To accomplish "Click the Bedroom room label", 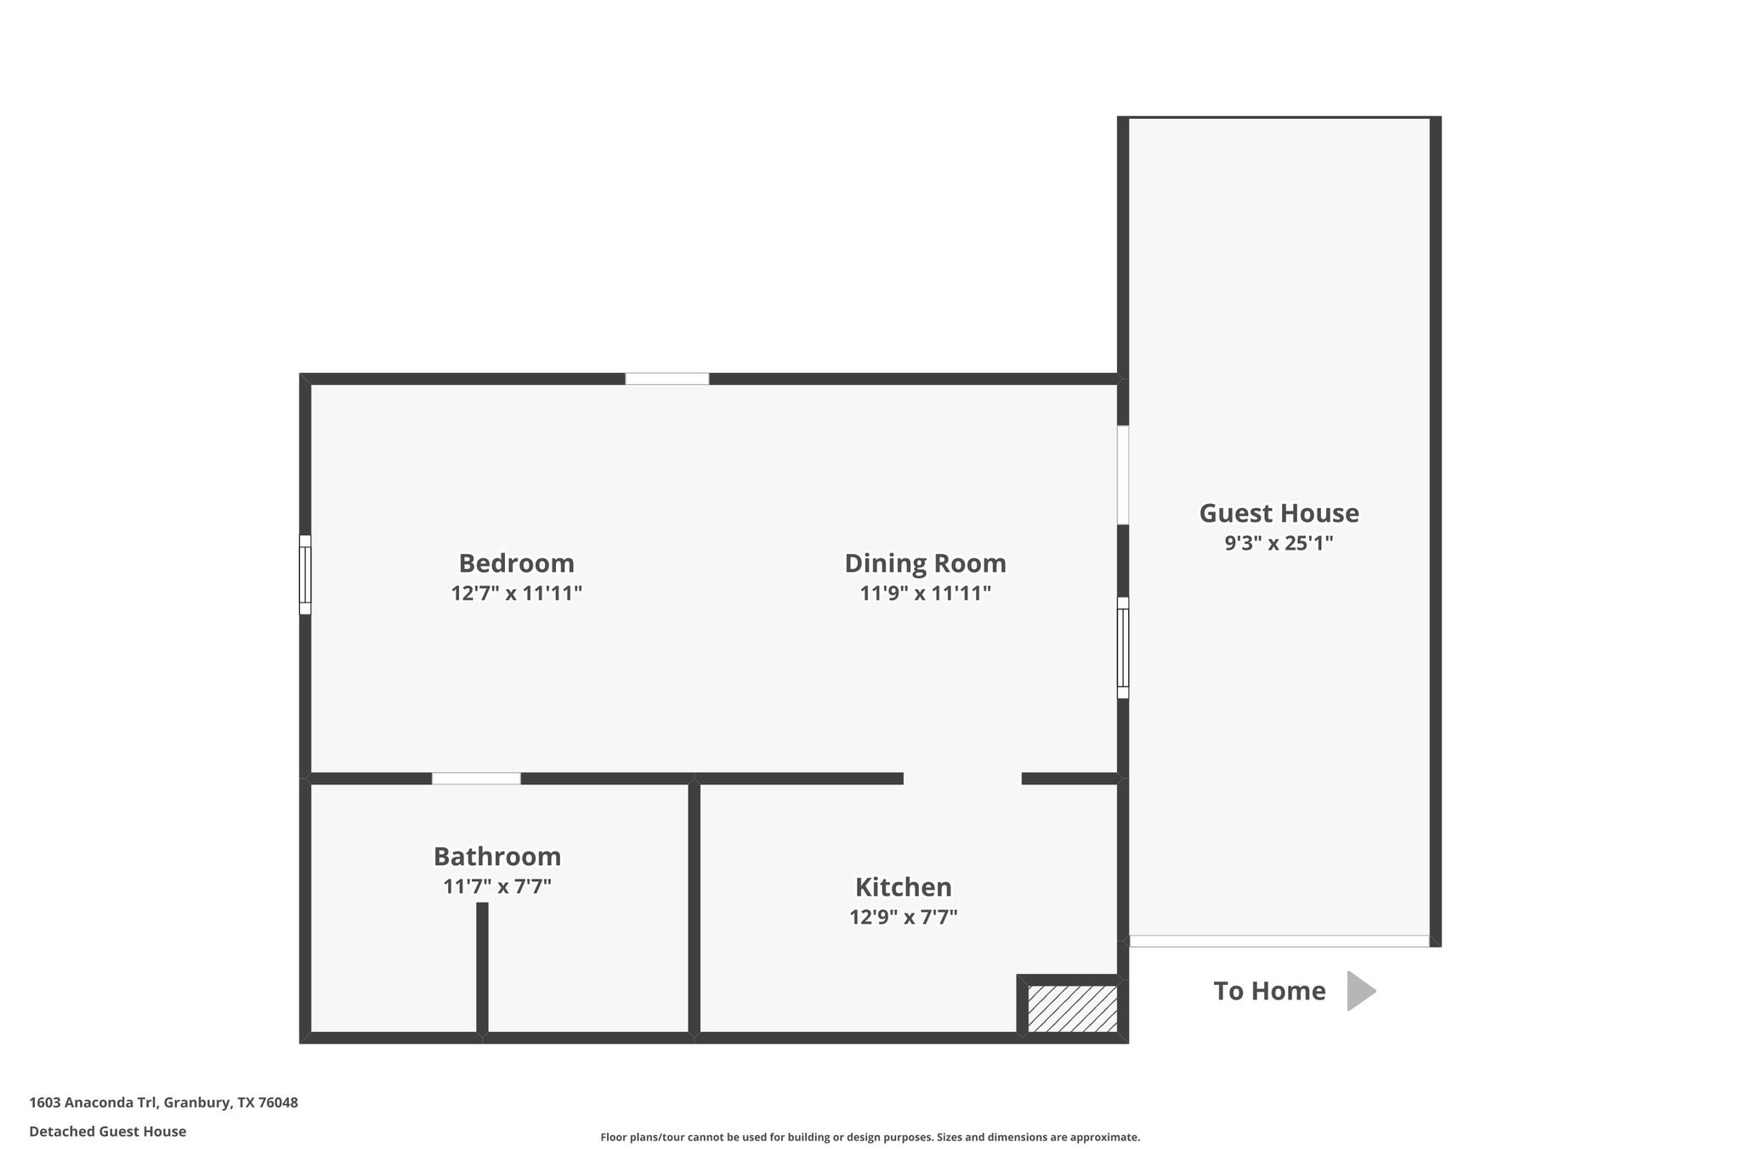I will (x=516, y=563).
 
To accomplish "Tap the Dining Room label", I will (x=925, y=563).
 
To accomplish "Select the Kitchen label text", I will (x=903, y=887).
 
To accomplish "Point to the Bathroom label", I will (x=497, y=856).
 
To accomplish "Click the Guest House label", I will (x=1279, y=513).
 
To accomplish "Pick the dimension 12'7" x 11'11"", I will (x=516, y=593).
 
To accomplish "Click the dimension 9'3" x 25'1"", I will (x=1279, y=543).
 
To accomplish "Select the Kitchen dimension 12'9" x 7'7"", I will (x=903, y=917).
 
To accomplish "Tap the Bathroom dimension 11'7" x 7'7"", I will (x=497, y=886).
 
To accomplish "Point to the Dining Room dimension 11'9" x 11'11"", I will (x=925, y=593).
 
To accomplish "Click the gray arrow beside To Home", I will (x=1360, y=991).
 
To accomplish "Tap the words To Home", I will (x=1269, y=991).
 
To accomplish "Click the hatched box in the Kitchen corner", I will (x=1072, y=1008).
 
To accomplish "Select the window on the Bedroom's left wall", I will (x=305, y=574).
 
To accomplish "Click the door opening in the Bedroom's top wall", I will (x=667, y=379).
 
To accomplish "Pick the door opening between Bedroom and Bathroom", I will (x=476, y=778).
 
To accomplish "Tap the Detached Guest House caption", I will (x=108, y=1131).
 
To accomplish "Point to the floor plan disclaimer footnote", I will (x=870, y=1137).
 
